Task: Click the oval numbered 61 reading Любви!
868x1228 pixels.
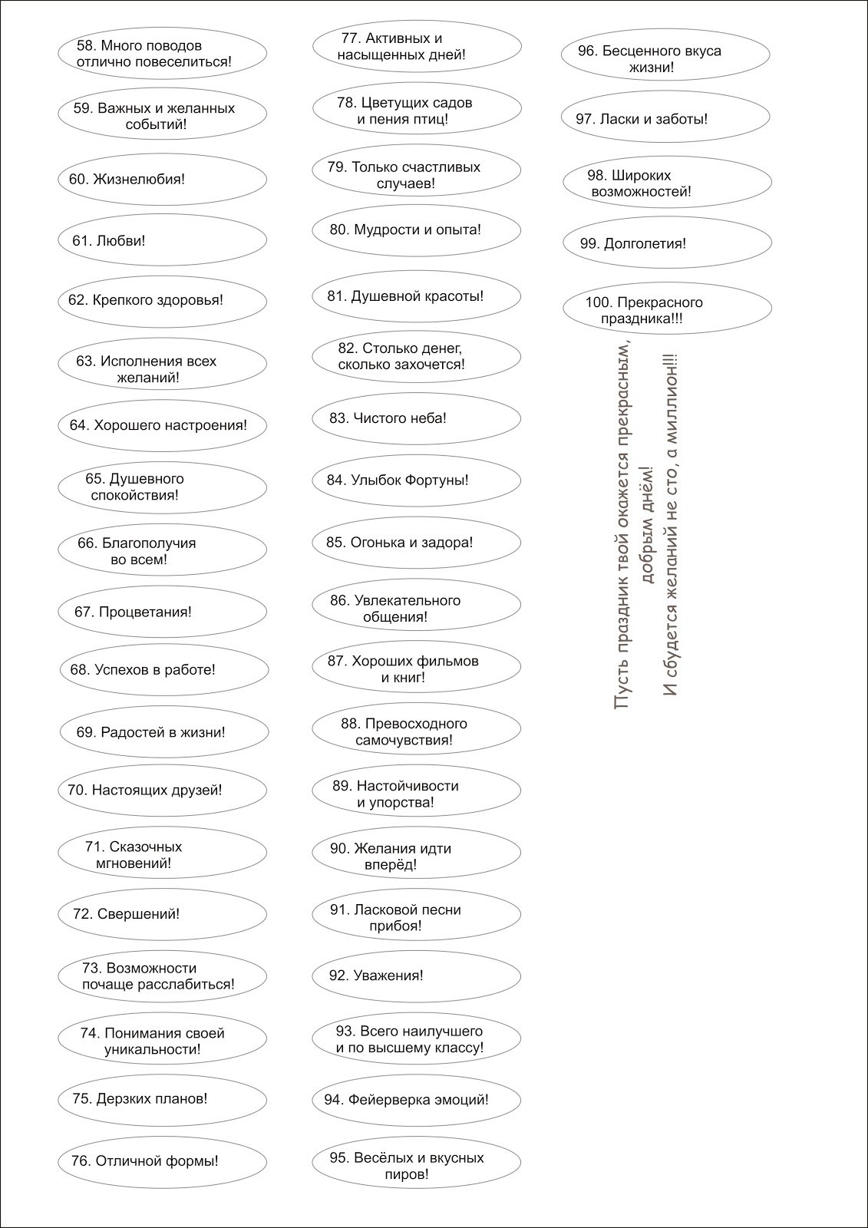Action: [162, 240]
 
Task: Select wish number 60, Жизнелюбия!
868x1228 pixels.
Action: [162, 180]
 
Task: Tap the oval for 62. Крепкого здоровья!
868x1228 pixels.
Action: [162, 300]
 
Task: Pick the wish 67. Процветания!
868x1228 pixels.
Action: [162, 612]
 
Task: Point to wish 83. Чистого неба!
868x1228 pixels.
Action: [416, 418]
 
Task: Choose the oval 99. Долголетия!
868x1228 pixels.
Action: [666, 244]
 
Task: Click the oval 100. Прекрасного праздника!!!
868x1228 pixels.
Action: [666, 309]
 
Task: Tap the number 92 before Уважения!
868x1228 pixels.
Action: [338, 975]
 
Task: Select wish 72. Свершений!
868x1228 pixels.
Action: [162, 914]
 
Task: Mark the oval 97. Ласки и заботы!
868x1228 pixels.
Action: [665, 119]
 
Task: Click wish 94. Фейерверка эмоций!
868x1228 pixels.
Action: [416, 1100]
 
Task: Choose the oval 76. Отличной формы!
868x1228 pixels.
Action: [162, 1161]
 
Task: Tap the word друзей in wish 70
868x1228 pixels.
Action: [201, 790]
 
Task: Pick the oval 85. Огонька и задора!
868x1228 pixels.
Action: [416, 543]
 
